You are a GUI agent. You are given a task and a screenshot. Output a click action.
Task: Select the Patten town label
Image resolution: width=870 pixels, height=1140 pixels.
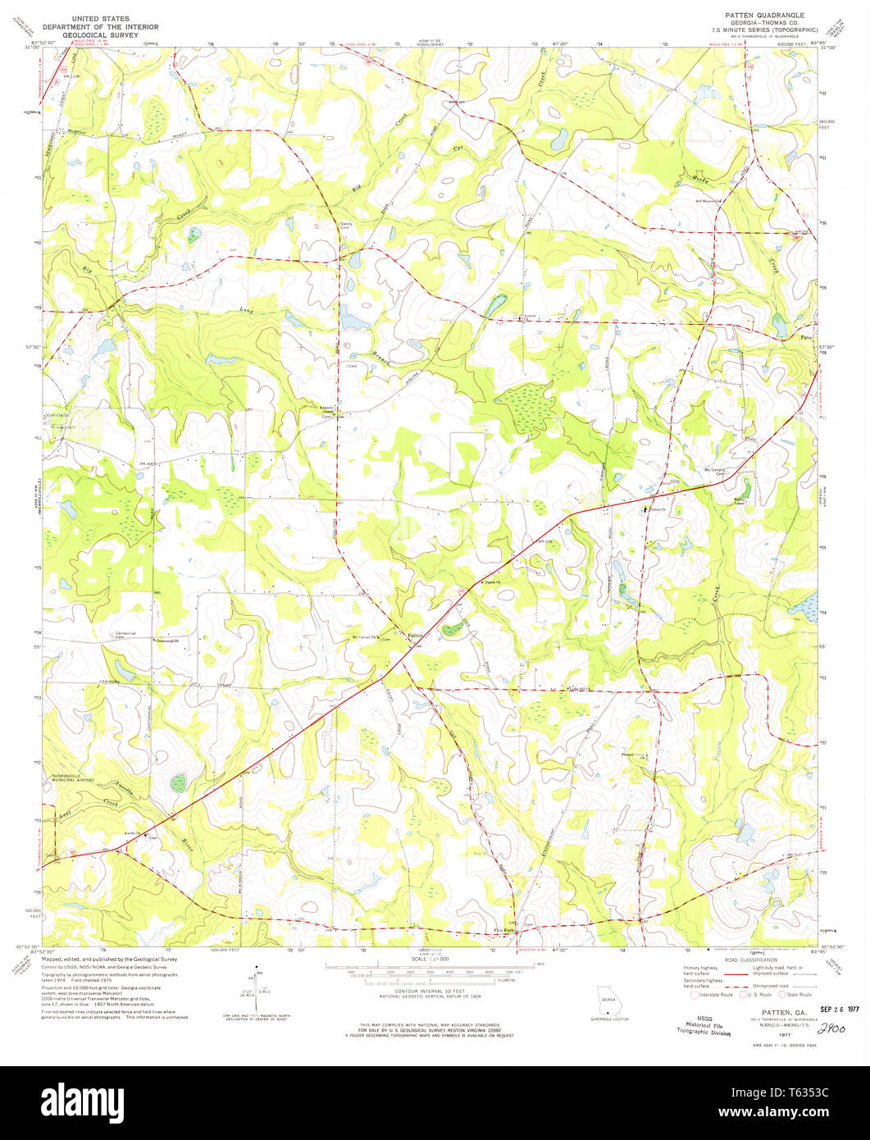[416, 634]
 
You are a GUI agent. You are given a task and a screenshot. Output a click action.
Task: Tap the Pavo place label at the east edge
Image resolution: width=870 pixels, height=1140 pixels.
[808, 337]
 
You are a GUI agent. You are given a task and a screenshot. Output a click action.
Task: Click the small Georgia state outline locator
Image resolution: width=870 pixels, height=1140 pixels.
[608, 1000]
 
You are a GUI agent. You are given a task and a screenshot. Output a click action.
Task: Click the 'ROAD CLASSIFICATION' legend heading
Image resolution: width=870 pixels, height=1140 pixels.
[750, 959]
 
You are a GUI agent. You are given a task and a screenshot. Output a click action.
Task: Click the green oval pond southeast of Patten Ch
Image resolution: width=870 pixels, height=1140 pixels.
[451, 629]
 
